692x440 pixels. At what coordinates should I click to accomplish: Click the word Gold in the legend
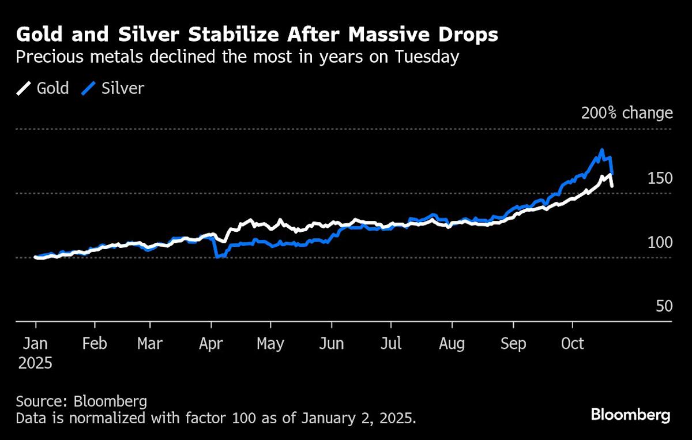point(52,88)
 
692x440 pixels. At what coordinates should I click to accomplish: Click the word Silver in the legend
point(122,88)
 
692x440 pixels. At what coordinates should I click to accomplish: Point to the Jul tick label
point(392,344)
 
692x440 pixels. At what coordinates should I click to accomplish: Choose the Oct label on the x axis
point(573,344)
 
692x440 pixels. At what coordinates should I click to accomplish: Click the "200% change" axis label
point(627,113)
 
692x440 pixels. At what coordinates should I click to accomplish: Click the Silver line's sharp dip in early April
point(217,256)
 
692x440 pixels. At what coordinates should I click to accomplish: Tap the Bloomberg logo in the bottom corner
point(631,415)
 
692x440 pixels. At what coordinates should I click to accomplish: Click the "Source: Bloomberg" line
point(81,401)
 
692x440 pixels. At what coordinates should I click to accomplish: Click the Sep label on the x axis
point(513,344)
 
